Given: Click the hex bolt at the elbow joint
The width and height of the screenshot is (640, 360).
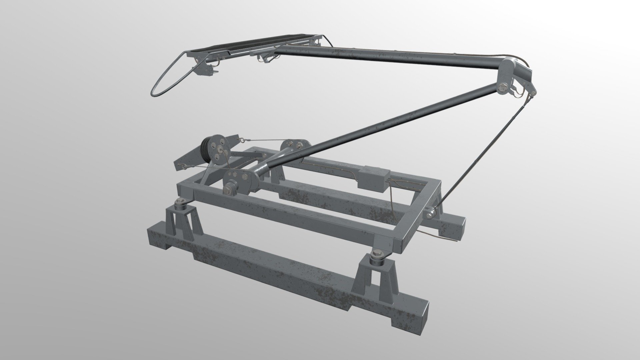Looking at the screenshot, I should (503, 88).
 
